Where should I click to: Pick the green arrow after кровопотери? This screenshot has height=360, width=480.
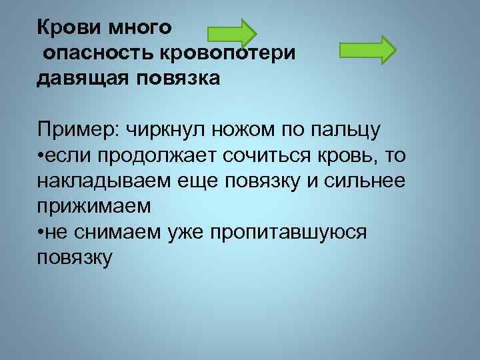[367, 50]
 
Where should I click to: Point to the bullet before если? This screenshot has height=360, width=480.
[41, 155]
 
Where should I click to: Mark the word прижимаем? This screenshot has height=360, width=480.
[94, 206]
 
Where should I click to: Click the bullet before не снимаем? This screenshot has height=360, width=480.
[41, 232]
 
